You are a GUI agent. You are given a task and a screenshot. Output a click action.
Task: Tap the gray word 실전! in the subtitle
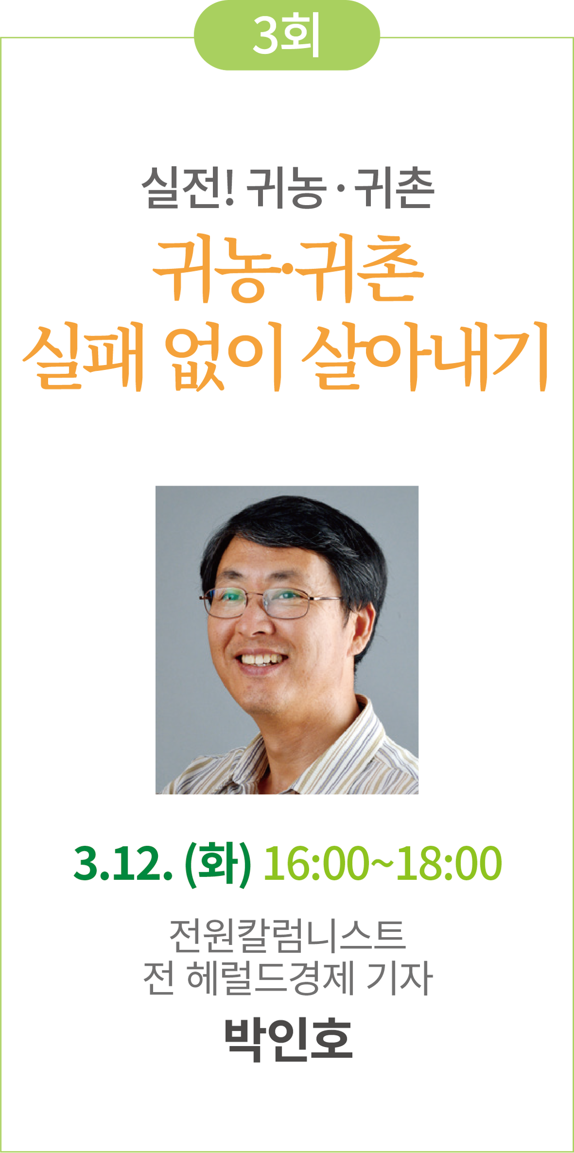(189, 189)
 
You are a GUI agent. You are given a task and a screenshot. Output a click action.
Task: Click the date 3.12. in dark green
(123, 864)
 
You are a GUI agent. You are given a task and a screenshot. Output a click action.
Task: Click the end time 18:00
(449, 864)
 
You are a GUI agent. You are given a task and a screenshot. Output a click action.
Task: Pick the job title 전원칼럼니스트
(287, 935)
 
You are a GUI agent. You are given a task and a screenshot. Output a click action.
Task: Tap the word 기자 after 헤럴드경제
(399, 978)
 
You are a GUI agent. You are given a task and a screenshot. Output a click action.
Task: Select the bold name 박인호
(288, 1039)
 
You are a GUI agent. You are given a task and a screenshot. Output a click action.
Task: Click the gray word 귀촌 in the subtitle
(394, 189)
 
